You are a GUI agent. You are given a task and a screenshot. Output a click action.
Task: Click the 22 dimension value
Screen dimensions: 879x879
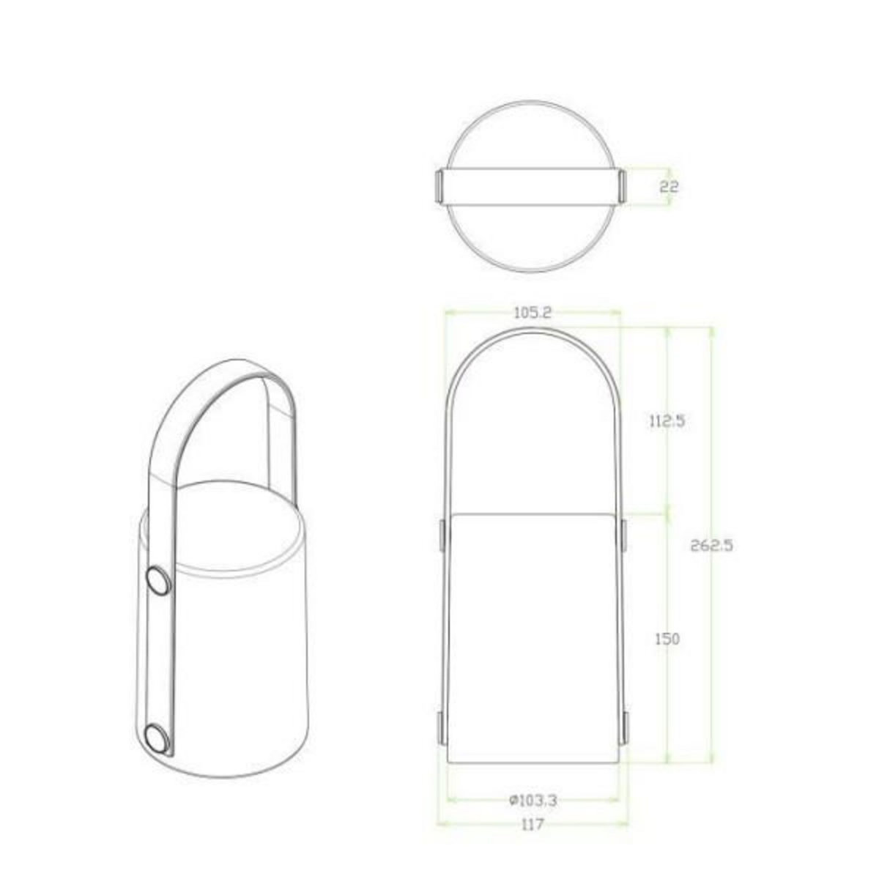pos(669,187)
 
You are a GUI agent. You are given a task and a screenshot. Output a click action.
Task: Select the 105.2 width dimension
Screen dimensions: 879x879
pos(532,313)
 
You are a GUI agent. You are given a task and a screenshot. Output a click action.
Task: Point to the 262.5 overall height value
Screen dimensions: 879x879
pos(712,545)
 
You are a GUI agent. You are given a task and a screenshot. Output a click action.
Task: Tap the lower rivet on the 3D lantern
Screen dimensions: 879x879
pos(155,755)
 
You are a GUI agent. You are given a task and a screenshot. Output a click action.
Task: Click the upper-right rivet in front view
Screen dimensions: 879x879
pos(623,534)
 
